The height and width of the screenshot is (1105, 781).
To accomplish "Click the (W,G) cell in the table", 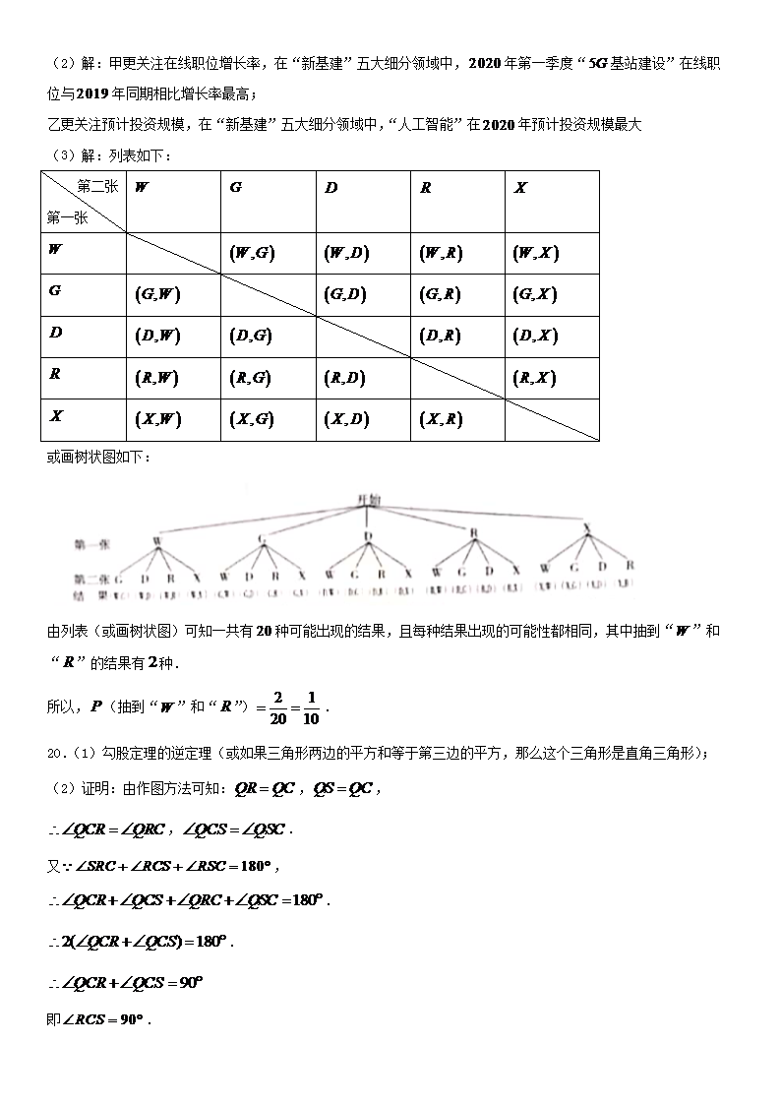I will click(251, 253).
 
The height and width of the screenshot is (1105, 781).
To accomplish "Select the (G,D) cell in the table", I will click(345, 294).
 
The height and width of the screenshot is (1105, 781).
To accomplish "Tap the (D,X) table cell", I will click(535, 336).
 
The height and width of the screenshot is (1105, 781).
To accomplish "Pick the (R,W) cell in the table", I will click(157, 377).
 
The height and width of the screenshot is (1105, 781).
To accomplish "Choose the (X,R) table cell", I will click(441, 419).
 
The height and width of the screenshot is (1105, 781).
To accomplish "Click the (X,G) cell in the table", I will click(251, 419).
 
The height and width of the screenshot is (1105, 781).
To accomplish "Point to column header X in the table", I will click(520, 187).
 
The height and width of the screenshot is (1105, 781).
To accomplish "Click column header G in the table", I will click(235, 187).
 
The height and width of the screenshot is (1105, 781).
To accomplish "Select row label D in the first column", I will click(56, 333).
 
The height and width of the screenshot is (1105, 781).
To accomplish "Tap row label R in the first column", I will click(56, 374).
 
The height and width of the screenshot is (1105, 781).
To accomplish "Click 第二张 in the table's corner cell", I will click(96, 186).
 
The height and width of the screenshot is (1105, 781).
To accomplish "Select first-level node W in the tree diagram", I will click(156, 541).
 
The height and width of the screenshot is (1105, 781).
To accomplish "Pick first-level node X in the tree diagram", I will click(587, 529).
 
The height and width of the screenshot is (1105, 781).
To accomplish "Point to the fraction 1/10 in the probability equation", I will click(311, 707).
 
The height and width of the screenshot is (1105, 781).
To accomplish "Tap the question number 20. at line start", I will click(55, 754).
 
